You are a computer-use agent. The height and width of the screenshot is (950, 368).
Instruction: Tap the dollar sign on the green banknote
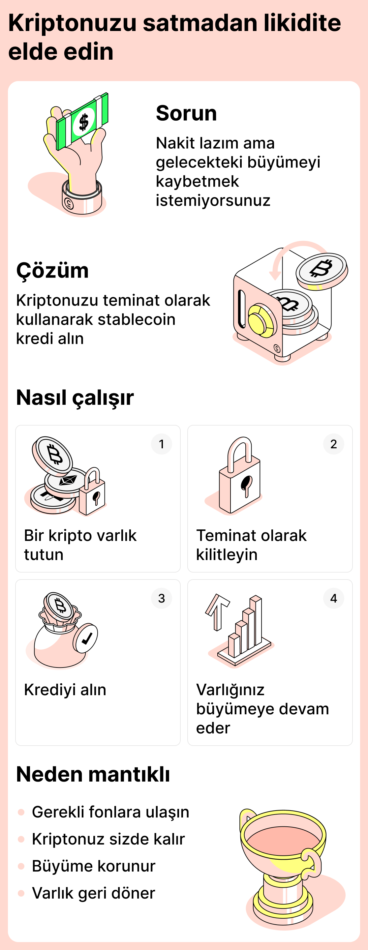[84, 122]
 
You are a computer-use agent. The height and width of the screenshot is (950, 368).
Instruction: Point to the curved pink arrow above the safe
[295, 251]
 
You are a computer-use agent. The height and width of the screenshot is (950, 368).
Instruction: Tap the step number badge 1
[161, 444]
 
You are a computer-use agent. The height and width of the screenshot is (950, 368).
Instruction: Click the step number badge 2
[333, 444]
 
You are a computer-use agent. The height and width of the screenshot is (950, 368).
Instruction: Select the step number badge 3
[161, 598]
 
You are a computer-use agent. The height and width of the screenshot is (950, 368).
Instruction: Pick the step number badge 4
[333, 598]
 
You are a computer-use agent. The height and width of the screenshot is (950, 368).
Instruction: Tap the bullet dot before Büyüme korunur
[21, 866]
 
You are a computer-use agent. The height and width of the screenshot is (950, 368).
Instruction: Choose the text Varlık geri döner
[93, 893]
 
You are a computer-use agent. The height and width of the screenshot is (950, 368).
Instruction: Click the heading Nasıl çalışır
[75, 398]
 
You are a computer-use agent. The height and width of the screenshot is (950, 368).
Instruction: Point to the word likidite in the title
[302, 23]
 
